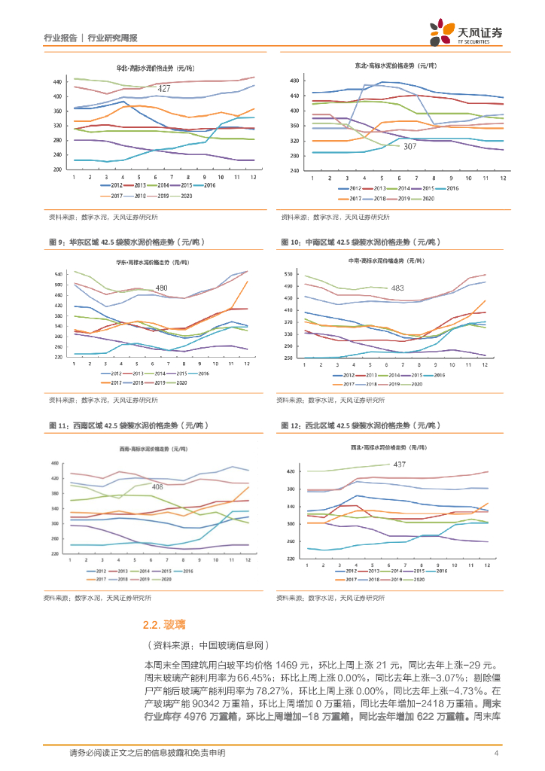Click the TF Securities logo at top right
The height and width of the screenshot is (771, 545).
[x=466, y=32]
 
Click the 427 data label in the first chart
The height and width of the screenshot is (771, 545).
[x=164, y=89]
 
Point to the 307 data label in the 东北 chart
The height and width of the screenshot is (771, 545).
[x=410, y=146]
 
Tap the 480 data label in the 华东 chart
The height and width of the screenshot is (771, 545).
[x=161, y=288]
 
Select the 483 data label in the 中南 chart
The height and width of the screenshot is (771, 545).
[x=397, y=288]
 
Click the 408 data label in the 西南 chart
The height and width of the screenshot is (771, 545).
[x=157, y=487]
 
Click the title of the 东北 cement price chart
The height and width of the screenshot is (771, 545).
[x=391, y=66]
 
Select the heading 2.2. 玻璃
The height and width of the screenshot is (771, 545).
[x=164, y=624]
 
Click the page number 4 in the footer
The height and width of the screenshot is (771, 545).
[x=496, y=753]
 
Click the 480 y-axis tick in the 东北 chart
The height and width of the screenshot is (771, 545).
[x=295, y=81]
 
